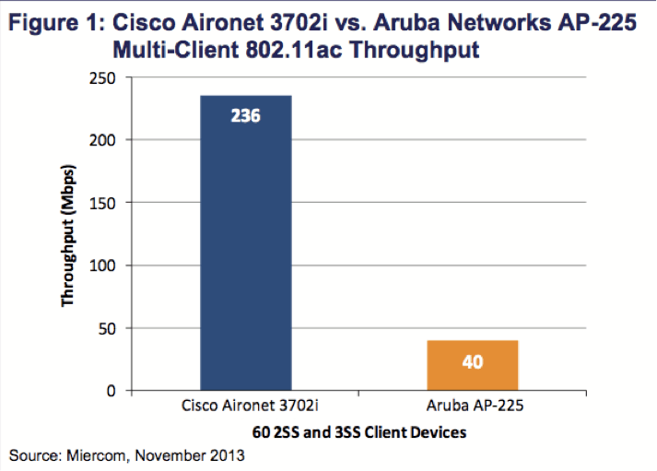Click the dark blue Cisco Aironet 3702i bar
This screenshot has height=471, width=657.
(246, 249)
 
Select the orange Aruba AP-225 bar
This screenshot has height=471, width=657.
(472, 366)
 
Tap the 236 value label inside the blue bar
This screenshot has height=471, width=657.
(246, 117)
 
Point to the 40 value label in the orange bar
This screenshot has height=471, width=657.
(472, 362)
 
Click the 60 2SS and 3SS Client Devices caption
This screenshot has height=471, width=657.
(358, 431)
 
